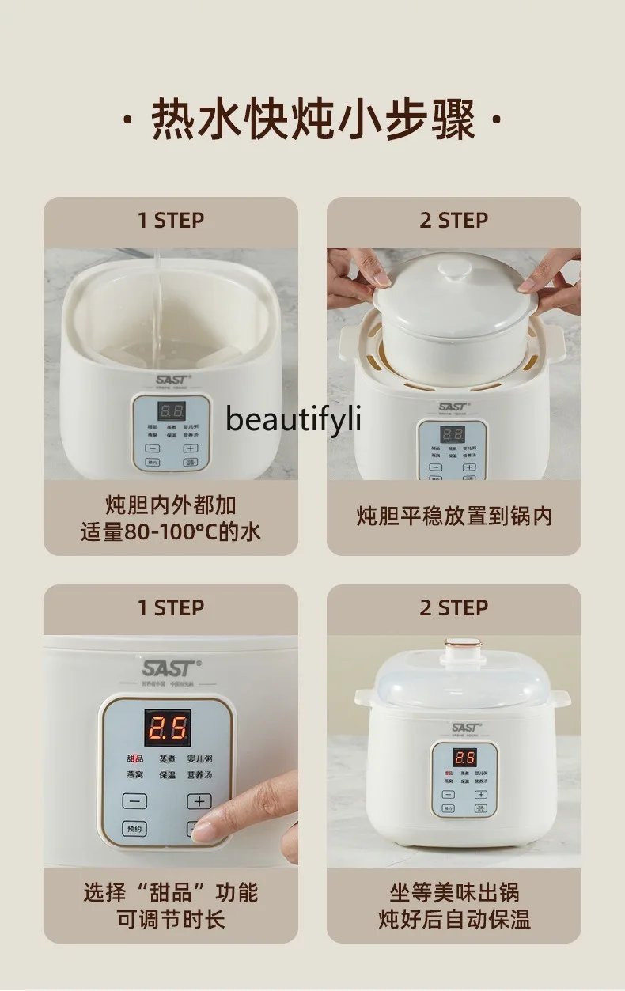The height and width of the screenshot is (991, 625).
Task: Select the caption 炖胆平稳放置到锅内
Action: [453, 516]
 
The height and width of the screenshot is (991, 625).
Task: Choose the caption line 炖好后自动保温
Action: [453, 919]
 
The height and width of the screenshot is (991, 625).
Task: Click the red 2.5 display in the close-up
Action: [166, 727]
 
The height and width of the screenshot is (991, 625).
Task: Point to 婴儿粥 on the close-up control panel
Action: [199, 759]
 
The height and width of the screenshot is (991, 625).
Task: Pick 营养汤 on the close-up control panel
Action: [199, 775]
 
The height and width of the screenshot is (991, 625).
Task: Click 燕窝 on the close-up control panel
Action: [134, 775]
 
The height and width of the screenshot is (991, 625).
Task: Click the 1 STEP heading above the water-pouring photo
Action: [170, 220]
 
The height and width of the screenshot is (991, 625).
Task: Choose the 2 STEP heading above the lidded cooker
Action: [453, 607]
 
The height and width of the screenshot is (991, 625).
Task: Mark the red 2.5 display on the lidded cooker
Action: [464, 757]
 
